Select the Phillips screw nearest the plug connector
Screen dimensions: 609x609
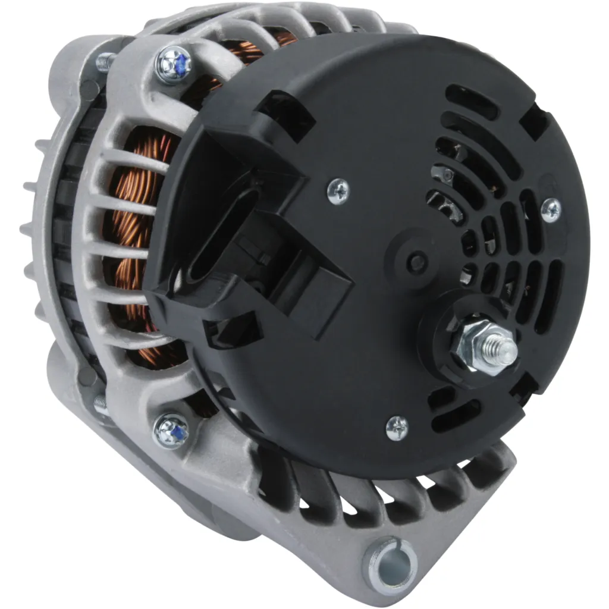coord(338,192)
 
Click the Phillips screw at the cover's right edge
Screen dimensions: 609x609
coord(551,209)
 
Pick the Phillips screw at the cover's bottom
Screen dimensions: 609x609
coord(397,427)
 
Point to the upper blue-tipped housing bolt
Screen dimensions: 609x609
coord(173,64)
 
